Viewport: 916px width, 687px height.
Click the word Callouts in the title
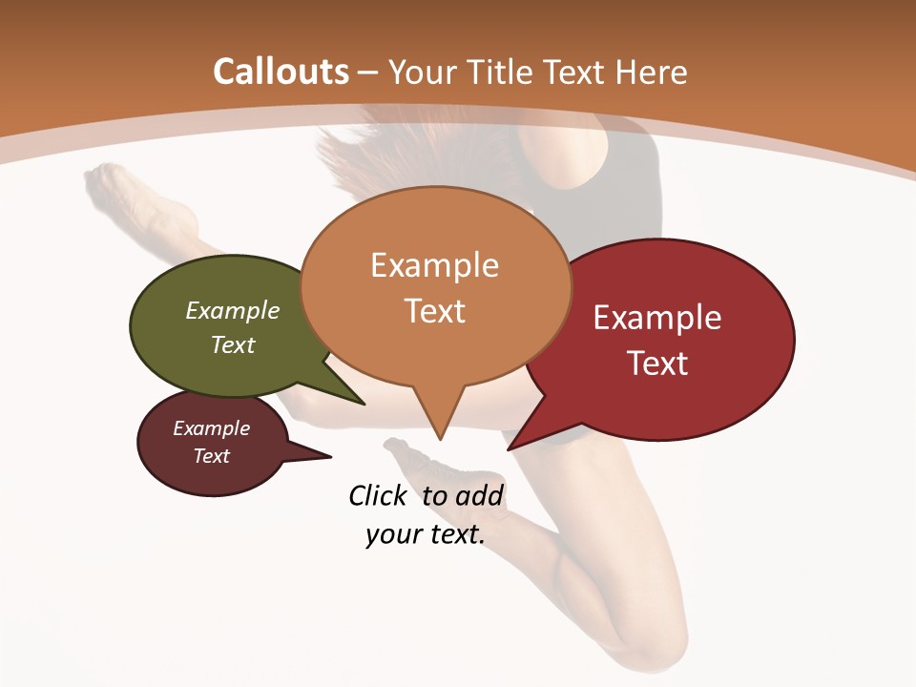[x=281, y=72]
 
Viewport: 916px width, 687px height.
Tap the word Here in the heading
[x=652, y=72]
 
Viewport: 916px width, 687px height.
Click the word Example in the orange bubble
[x=434, y=264]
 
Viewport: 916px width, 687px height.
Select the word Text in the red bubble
[x=658, y=364]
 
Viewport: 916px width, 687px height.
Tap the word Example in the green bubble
[x=233, y=310]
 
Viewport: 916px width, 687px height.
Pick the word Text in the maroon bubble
[x=212, y=456]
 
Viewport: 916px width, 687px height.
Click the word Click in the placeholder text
[x=377, y=495]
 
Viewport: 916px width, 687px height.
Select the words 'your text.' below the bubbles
[x=426, y=534]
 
